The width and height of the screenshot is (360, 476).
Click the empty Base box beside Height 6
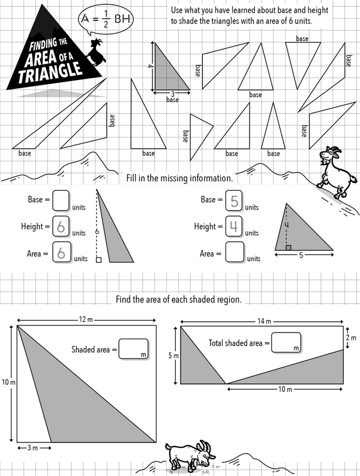tap(61, 199)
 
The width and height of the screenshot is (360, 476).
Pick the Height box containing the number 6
tap(61, 226)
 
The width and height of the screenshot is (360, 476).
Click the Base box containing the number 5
tap(235, 200)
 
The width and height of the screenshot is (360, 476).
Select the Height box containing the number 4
tap(235, 226)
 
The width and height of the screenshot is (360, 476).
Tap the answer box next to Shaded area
tap(133, 349)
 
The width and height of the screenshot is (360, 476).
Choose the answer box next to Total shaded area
tap(286, 342)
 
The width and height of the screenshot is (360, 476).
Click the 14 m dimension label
tap(261, 321)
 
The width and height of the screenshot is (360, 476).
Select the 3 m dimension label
tap(34, 448)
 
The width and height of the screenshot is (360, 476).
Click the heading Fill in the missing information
tap(179, 178)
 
